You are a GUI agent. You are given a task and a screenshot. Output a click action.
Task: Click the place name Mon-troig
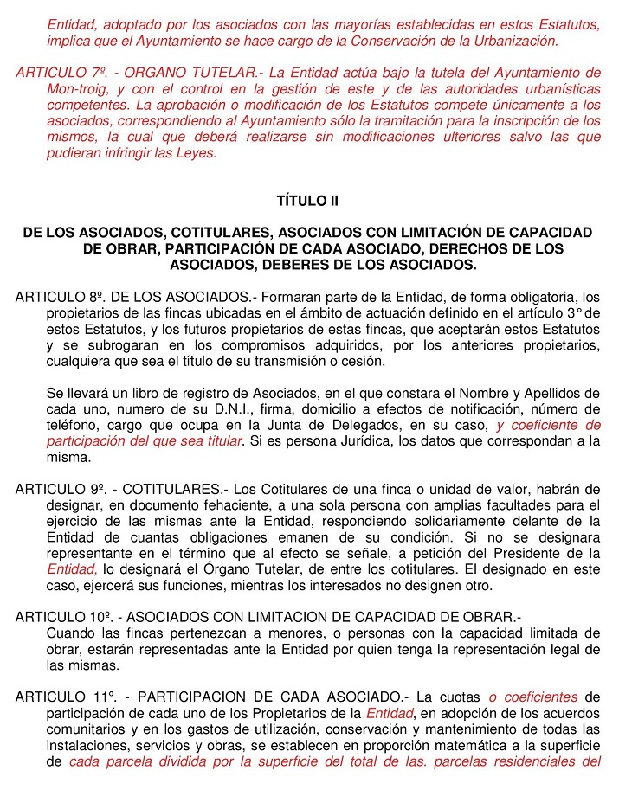tap(76, 88)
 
